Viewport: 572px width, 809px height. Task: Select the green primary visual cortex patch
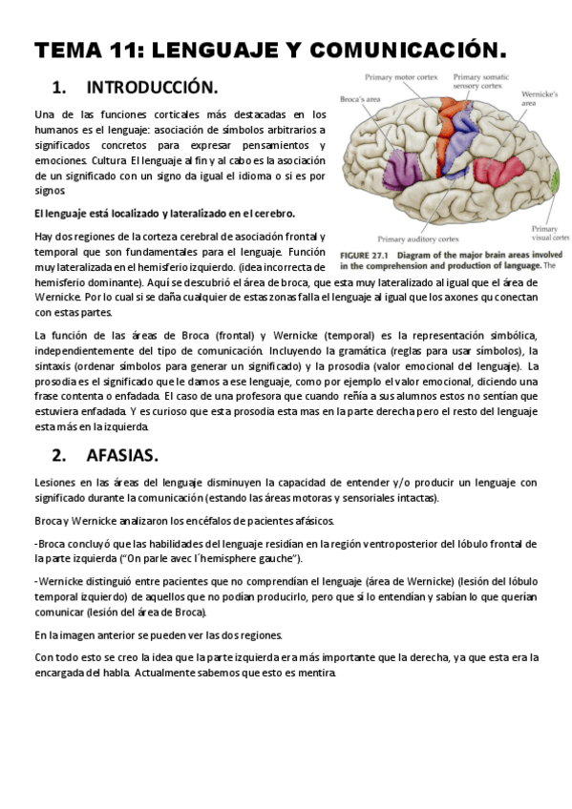click(558, 177)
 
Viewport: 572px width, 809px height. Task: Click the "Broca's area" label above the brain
click(360, 98)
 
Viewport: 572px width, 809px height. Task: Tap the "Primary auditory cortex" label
click(418, 239)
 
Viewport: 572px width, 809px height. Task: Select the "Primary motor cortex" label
click(400, 77)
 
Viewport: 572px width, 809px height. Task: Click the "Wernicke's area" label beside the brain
click(540, 99)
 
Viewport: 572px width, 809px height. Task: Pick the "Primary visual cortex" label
click(550, 233)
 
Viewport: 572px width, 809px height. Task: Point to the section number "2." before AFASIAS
click(59, 453)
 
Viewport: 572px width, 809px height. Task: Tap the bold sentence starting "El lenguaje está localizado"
click(164, 213)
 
